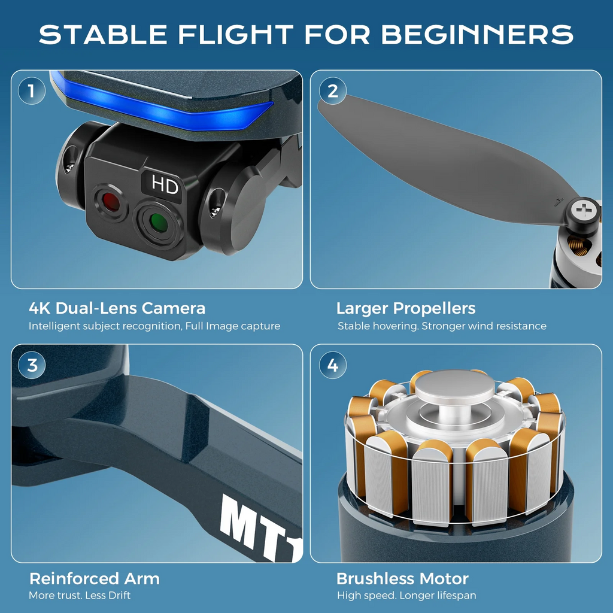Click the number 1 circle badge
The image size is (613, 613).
32,91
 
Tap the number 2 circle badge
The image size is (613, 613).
333,91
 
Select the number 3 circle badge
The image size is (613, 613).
32,365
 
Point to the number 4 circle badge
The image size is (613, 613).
333,365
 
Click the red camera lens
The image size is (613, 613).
111,202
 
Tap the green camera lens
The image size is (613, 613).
158,223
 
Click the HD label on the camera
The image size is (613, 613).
164,184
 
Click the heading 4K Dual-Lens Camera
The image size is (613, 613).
117,308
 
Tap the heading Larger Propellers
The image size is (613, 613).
406,308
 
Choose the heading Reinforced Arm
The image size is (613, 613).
94,579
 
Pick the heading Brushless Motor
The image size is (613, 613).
402,579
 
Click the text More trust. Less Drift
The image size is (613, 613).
80,596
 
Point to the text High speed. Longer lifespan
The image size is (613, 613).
406,596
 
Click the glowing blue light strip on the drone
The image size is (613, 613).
164,105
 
